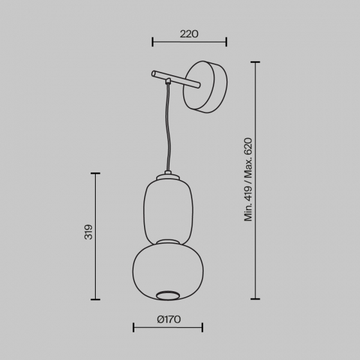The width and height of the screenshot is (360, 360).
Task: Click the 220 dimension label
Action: pos(189,34)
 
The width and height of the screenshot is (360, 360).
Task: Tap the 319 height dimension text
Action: pos(89,232)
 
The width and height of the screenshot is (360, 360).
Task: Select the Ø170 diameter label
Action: pos(169,319)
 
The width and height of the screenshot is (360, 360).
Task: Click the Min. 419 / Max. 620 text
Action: pos(248,179)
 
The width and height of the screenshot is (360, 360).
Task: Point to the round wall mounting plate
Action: pos(205,87)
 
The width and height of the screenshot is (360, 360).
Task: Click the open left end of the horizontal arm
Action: pos(153,74)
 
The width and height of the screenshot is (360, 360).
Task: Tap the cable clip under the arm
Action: pos(168,80)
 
